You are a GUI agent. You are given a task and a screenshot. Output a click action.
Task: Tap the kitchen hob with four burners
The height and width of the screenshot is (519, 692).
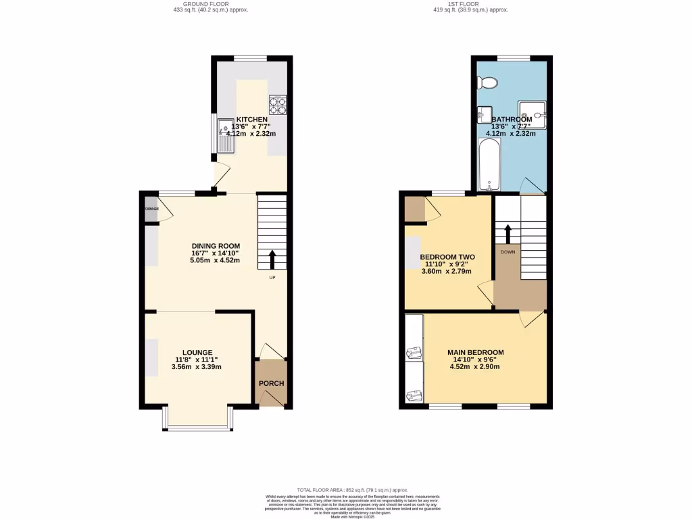point(278,105)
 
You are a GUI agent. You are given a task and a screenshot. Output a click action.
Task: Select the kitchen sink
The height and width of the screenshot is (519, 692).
point(224,134)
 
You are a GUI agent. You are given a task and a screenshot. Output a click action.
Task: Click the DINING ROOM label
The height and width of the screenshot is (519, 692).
point(216,246)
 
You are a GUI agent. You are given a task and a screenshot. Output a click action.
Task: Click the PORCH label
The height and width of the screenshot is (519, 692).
point(271,383)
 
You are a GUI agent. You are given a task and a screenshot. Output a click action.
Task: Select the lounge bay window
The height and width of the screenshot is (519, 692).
point(197,422)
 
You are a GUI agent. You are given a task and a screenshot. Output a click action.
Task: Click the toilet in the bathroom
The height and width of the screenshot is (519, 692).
point(487,82)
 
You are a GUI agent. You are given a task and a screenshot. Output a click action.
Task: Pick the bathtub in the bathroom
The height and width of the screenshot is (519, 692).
point(488,166)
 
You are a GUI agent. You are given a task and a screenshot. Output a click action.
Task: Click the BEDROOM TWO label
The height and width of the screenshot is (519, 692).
point(447,257)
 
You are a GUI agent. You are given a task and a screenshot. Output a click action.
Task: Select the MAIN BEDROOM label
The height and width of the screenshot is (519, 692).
point(475,353)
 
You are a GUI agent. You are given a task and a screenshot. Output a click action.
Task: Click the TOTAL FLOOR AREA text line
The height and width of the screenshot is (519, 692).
point(352,490)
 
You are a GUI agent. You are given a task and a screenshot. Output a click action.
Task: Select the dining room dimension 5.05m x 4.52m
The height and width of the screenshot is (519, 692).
point(216,261)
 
